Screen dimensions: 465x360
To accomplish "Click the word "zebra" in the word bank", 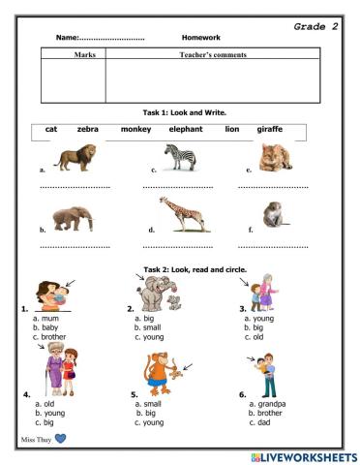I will coord(88,129).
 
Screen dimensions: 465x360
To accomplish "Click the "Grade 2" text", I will coord(315,27).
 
